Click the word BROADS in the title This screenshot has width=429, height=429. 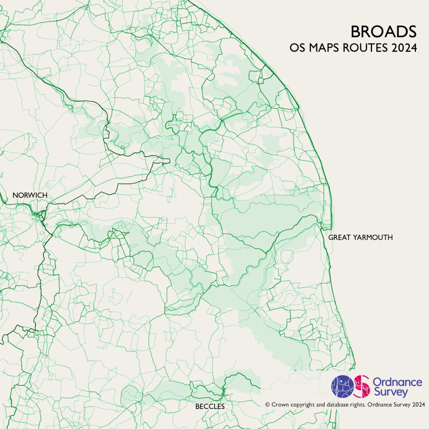pyautogui.click(x=383, y=32)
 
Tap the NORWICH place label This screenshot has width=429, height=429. pyautogui.click(x=30, y=195)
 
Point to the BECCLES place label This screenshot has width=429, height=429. pyautogui.click(x=210, y=406)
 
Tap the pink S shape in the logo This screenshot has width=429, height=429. pyautogui.click(x=362, y=386)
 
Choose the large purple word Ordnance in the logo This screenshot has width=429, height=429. pyautogui.click(x=397, y=382)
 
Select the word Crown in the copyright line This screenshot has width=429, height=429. pyautogui.click(x=279, y=405)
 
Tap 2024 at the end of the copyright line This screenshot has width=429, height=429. pyautogui.click(x=419, y=405)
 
